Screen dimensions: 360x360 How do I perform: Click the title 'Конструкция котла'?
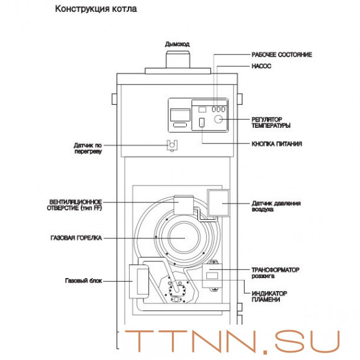click(x=96, y=10)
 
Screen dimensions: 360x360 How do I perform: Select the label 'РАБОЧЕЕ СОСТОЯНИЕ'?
click(x=281, y=55)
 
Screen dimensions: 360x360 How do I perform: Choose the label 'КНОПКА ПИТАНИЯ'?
click(x=277, y=144)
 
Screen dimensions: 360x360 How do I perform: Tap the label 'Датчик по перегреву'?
click(x=88, y=148)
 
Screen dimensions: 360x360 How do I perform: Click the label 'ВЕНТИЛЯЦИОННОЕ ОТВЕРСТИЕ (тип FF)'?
click(x=75, y=205)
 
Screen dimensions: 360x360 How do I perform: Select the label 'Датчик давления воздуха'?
click(x=274, y=205)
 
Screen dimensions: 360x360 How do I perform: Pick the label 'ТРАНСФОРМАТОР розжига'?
click(x=275, y=273)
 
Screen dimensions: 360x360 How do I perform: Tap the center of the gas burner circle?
click(x=184, y=238)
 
